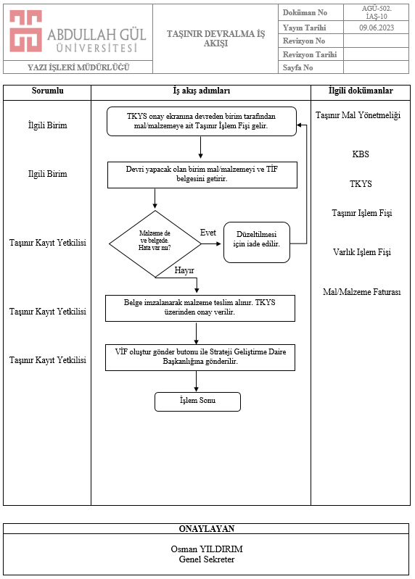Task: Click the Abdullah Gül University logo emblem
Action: point(25,31)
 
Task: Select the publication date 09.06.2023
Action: point(377,28)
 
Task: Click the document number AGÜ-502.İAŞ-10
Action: point(377,12)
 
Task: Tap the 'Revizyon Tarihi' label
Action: point(310,54)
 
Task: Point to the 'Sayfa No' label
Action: point(298,67)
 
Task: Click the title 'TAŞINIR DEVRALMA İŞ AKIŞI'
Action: point(215,38)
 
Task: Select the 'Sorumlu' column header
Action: point(47,91)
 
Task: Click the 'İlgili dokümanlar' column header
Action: point(361,91)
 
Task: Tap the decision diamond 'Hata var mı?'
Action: point(155,243)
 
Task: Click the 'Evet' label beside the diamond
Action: point(208,233)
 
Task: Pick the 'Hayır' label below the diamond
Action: point(184,270)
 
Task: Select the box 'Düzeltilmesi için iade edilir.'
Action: point(257,242)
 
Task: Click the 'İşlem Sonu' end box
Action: point(198,401)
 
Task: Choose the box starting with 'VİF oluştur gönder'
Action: point(200,357)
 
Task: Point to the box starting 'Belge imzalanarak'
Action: point(200,308)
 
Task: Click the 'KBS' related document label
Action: point(361,154)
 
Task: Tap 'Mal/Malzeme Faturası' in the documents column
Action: point(362,292)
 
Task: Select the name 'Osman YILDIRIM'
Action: point(207,549)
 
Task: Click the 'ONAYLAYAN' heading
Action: point(207,529)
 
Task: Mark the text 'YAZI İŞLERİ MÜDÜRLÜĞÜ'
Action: point(78,67)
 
